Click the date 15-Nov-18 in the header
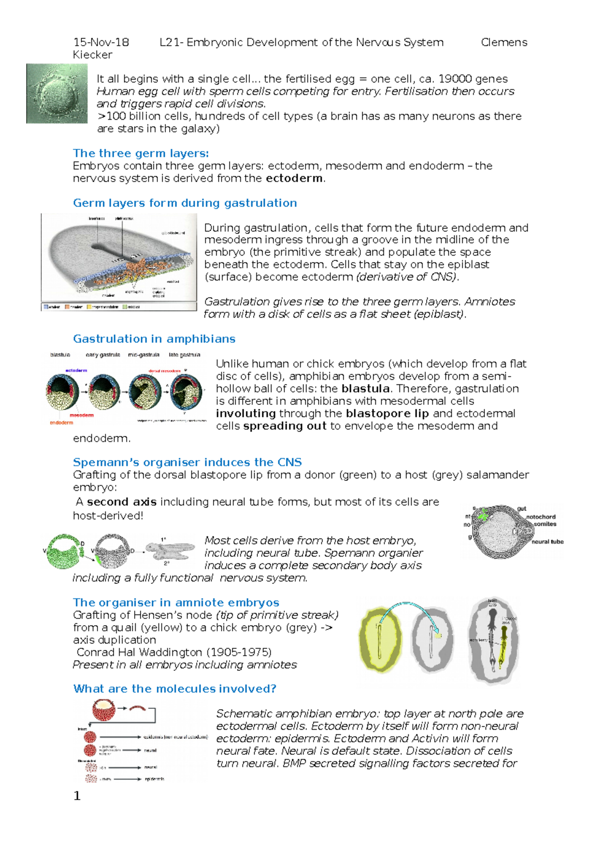click(101, 42)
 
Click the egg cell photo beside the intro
click(57, 94)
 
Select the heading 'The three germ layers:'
click(141, 153)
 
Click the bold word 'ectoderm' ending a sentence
click(294, 179)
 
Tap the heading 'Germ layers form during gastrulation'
click(185, 203)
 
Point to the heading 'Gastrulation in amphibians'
click(154, 339)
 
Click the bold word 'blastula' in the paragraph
click(365, 389)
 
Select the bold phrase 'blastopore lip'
click(387, 413)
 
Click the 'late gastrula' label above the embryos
click(184, 355)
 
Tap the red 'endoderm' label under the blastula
click(61, 422)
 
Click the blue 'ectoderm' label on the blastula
click(76, 371)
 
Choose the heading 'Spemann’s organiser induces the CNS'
click(187, 462)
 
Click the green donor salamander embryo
click(64, 552)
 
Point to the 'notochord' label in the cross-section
click(541, 517)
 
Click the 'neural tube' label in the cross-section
click(547, 542)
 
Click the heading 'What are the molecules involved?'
click(175, 689)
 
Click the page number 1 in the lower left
click(77, 796)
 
